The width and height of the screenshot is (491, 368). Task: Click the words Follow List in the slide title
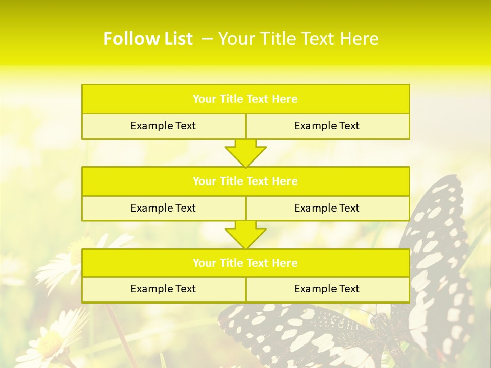(148, 39)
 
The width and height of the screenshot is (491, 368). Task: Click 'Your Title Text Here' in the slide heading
(299, 39)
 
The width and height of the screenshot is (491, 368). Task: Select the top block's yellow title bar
(245, 99)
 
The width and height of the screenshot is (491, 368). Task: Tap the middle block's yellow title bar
(245, 181)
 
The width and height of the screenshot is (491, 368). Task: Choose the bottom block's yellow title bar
(245, 263)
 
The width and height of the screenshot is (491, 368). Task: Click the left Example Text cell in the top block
(163, 126)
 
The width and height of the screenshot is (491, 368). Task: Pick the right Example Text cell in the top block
(327, 126)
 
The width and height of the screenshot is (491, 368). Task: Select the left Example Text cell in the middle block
(163, 208)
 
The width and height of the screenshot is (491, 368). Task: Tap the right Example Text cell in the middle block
(327, 208)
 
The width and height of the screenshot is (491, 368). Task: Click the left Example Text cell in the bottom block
(163, 289)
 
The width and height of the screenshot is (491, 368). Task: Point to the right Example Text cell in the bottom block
(327, 289)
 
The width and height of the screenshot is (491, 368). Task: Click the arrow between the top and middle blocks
(245, 153)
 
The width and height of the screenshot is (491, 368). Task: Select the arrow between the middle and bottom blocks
(245, 235)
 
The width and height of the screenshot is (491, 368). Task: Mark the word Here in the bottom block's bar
(284, 263)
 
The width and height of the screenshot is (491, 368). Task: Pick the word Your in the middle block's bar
(205, 181)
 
